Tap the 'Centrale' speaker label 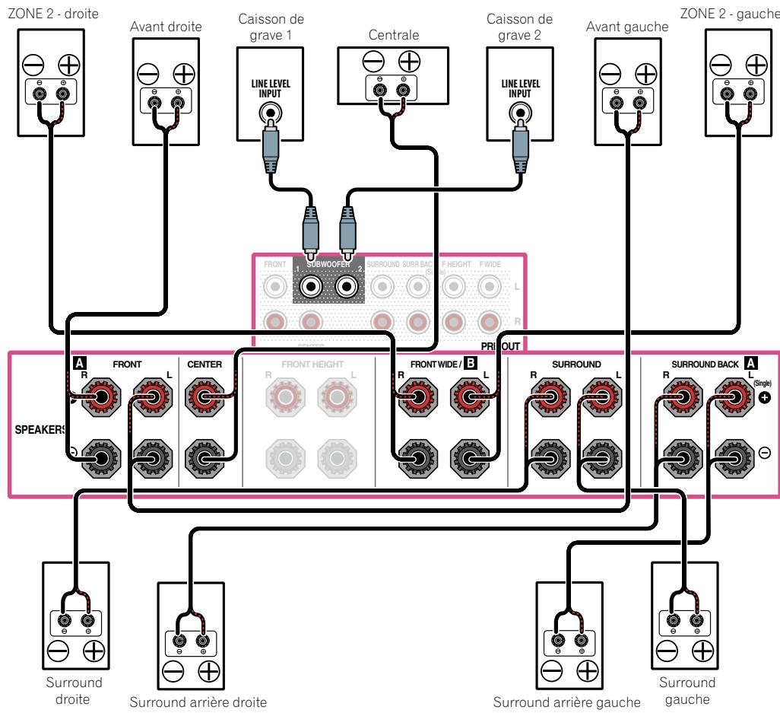[x=388, y=34]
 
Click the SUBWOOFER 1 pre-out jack [x=311, y=288]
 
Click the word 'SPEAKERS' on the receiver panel [x=38, y=429]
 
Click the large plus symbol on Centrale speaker [x=410, y=59]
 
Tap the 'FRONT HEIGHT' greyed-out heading [x=312, y=364]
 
